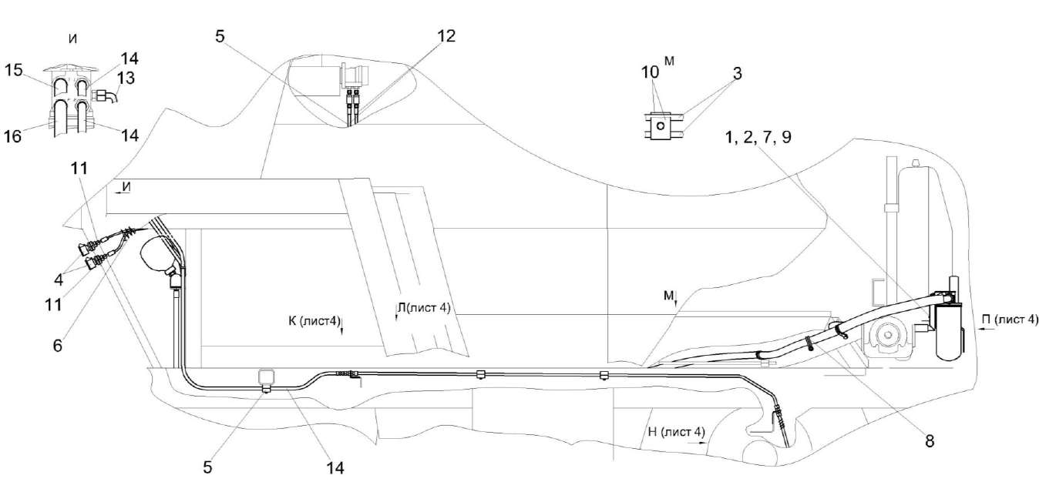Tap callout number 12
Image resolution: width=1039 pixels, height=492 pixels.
(x=445, y=35)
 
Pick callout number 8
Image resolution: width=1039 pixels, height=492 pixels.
(x=930, y=442)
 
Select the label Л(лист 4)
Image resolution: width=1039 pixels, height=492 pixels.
(x=422, y=307)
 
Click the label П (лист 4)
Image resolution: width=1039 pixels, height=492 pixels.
(x=1010, y=319)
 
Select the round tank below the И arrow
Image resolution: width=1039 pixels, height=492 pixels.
(x=160, y=255)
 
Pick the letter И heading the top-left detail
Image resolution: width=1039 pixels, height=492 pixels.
(x=72, y=39)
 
